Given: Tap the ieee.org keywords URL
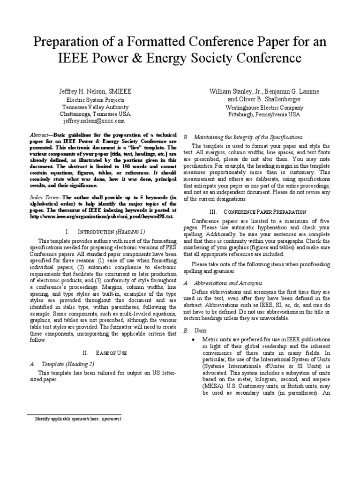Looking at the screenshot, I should click(101, 217).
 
